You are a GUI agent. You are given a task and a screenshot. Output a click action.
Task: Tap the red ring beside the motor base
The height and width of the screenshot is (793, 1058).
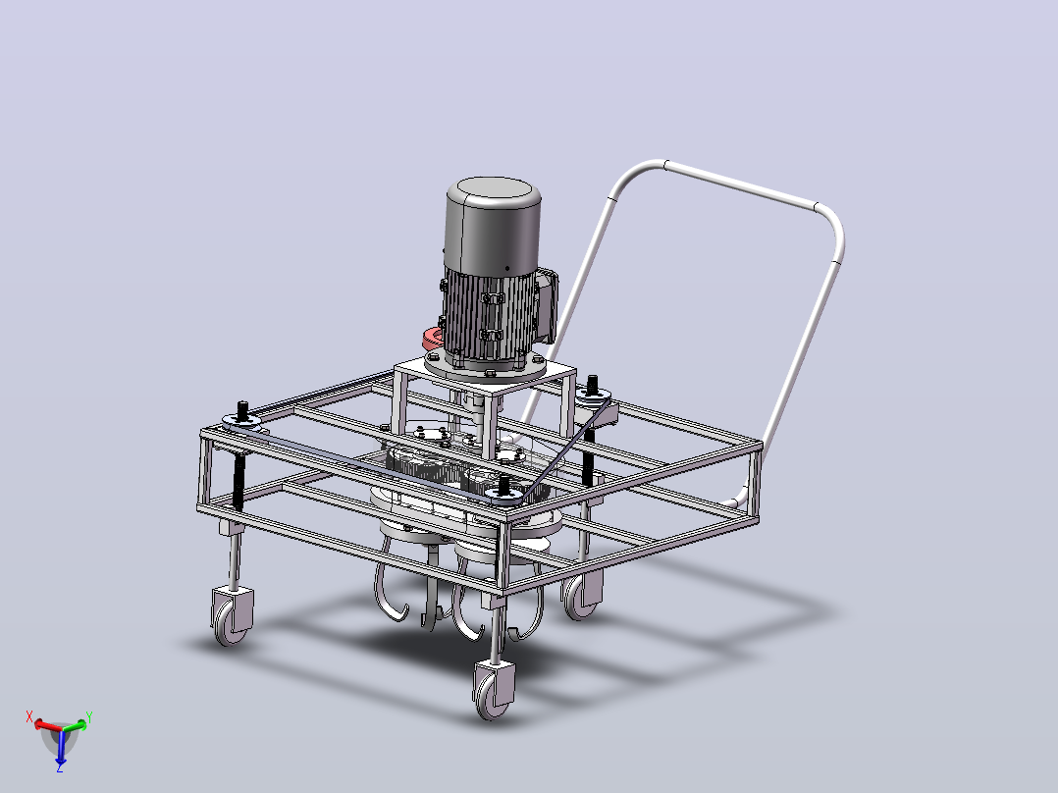[432, 339]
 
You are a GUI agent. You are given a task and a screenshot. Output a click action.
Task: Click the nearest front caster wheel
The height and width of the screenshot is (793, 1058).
[494, 691]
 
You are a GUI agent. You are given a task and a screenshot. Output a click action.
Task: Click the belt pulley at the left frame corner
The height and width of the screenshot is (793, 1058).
[241, 422]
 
